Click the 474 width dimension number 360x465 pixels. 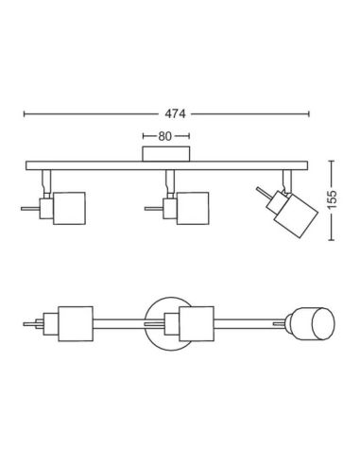(175, 113)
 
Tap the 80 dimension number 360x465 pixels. (164, 136)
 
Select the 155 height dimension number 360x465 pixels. (332, 199)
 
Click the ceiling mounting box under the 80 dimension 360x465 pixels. (166, 154)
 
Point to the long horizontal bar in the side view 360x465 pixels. (166, 165)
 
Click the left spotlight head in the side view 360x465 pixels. (69, 208)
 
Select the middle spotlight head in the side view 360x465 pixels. (193, 208)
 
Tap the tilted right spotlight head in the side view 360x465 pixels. (296, 215)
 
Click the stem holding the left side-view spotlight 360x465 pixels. (46, 184)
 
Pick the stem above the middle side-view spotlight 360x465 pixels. (170, 184)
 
